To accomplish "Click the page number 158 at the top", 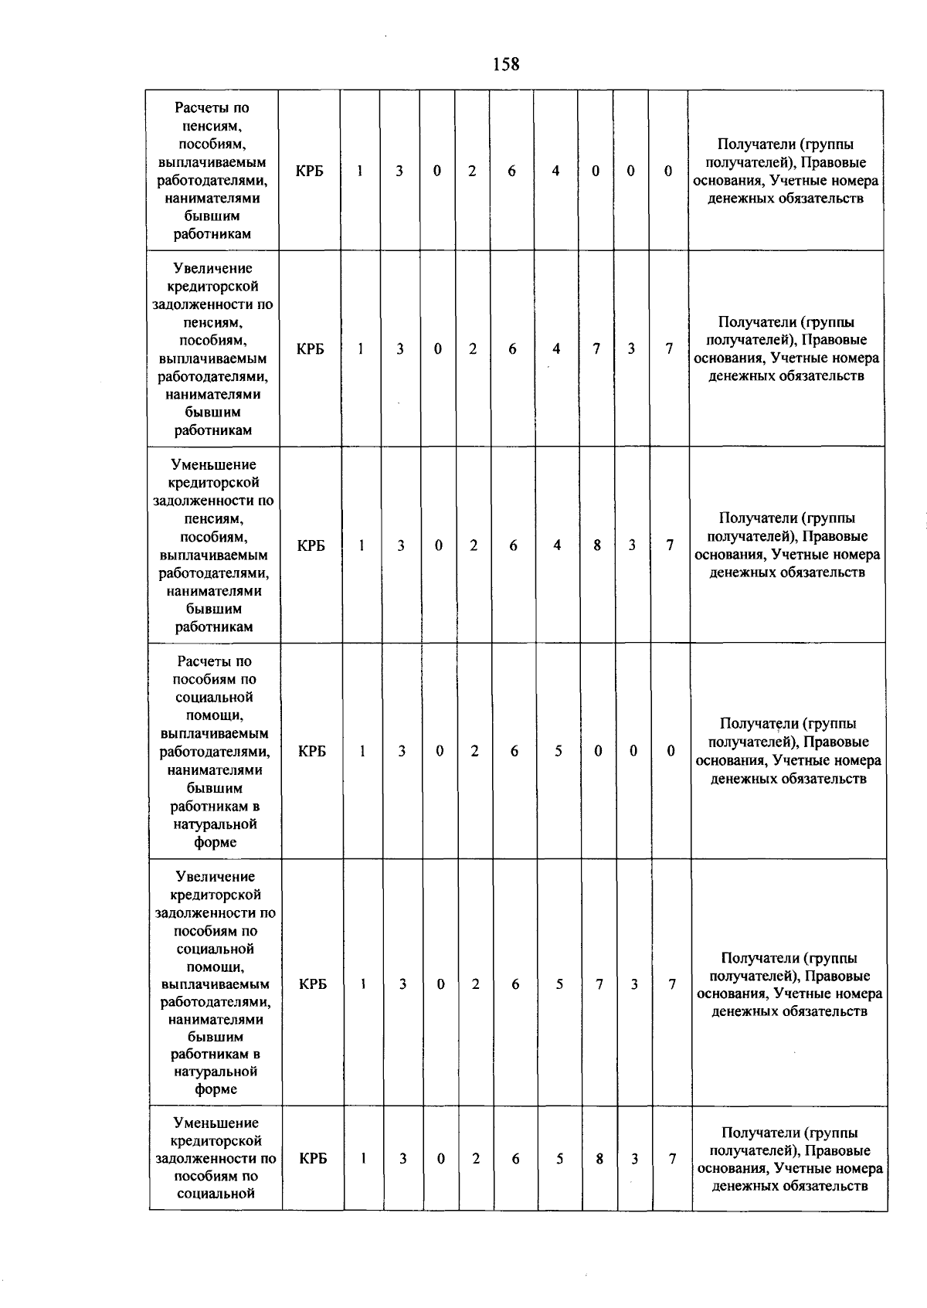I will pyautogui.click(x=506, y=64).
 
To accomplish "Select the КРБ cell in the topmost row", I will pyautogui.click(x=309, y=172).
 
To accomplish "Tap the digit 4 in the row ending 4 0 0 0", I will pyautogui.click(x=555, y=172).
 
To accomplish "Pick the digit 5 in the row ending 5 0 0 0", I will pyautogui.click(x=558, y=751).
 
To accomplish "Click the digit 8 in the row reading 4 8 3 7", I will pyautogui.click(x=597, y=545).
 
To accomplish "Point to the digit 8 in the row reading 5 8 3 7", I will pyautogui.click(x=599, y=1159).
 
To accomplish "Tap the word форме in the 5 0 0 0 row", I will pyautogui.click(x=216, y=842).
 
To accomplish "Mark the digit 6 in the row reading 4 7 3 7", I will pyautogui.click(x=512, y=349).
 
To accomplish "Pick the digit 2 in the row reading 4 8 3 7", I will pyautogui.click(x=474, y=545).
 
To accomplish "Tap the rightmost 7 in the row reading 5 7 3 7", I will pyautogui.click(x=672, y=984).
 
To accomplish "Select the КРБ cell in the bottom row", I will pyautogui.click(x=313, y=1159).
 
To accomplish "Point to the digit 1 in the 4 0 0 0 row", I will pyautogui.click(x=360, y=172).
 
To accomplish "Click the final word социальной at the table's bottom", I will pyautogui.click(x=216, y=1194).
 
